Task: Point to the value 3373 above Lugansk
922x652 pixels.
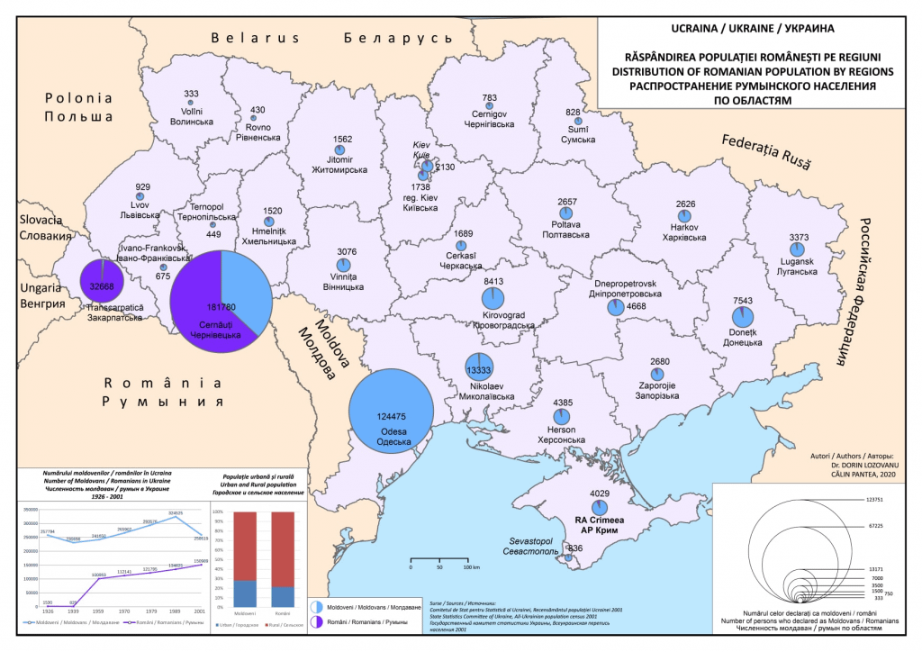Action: (800, 237)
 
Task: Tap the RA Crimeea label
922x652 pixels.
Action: (601, 520)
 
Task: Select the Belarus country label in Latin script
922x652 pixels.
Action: (254, 39)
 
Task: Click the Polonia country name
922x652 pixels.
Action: (79, 98)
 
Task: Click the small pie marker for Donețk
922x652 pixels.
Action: (744, 315)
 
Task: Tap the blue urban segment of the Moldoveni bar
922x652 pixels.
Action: (245, 593)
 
